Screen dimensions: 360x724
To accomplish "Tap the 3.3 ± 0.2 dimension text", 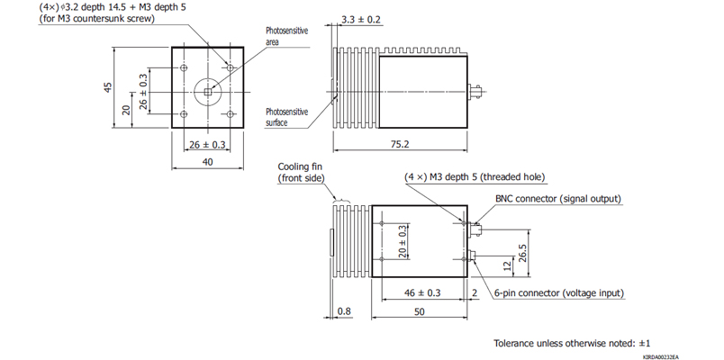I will tap(360, 18).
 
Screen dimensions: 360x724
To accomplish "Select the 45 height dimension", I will tap(107, 88).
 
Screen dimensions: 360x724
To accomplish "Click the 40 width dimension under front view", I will tap(207, 162).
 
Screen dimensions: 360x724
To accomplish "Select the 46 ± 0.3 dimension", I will tap(422, 293).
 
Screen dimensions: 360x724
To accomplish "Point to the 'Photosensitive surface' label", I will tap(287, 117).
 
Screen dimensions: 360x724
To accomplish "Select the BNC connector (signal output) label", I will tap(558, 198).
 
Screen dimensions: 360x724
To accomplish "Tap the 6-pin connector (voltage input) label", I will tap(558, 293).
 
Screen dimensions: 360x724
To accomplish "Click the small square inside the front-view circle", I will tap(207, 90).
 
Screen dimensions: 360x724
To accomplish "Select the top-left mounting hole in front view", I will tap(184, 67).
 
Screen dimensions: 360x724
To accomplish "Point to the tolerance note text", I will tap(572, 343).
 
